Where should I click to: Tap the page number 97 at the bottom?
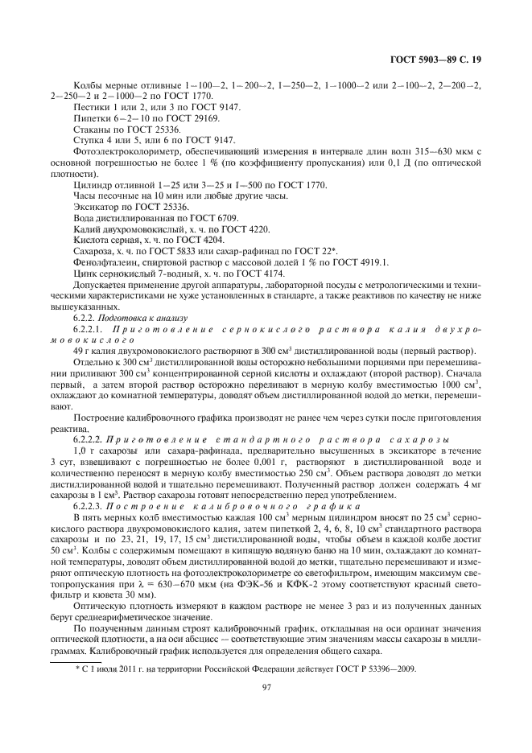coord(266,686)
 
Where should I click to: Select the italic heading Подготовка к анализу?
coord(143,318)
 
